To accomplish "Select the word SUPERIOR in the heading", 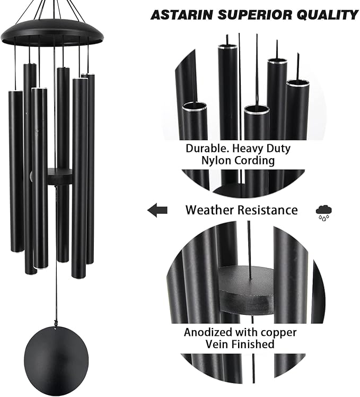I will [x=253, y=14].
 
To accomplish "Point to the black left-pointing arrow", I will [x=157, y=211].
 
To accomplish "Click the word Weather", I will [x=208, y=210].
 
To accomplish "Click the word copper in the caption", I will [x=278, y=333].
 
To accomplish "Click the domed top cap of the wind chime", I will [x=52, y=32].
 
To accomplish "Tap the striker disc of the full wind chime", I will [x=59, y=177].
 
